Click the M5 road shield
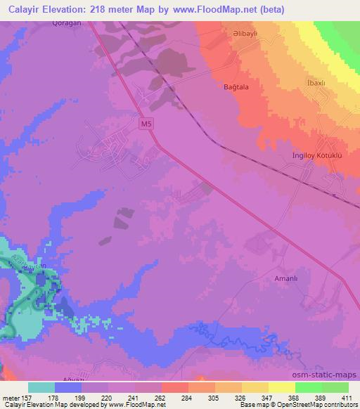tap(146, 124)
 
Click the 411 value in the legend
tap(347, 397)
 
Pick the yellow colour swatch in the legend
tap(282, 387)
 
